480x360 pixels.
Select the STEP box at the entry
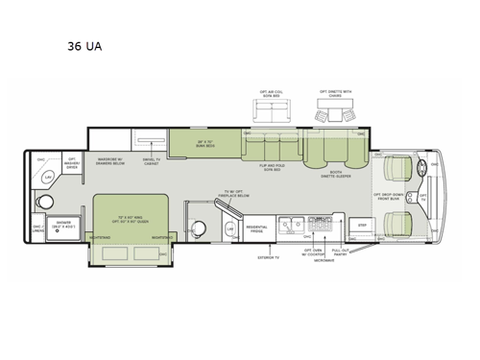[362, 225]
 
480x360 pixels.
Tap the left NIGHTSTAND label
[99, 236]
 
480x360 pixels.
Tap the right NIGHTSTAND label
[160, 236]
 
